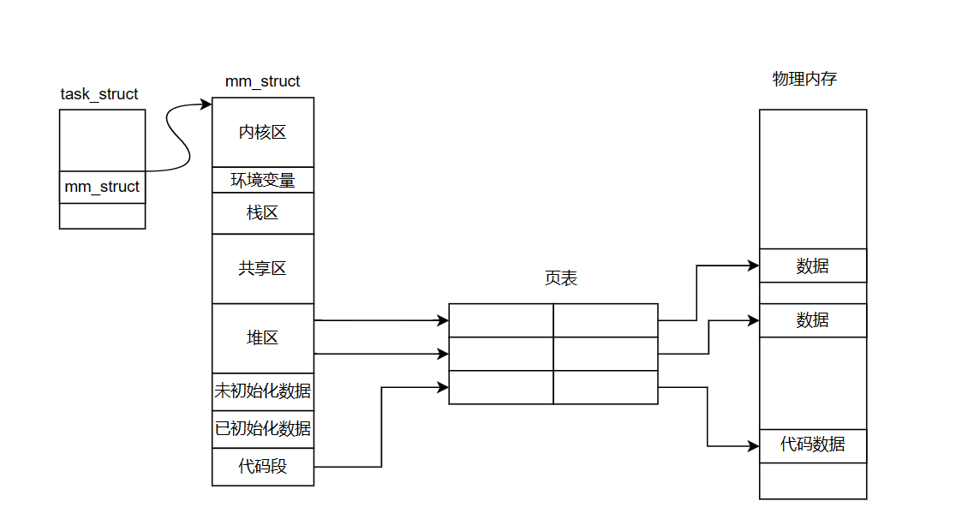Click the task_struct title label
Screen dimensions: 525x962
pos(99,94)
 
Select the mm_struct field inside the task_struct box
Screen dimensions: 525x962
pos(102,187)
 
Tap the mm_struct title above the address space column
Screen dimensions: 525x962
pos(262,81)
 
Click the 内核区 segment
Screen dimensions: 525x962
pos(262,132)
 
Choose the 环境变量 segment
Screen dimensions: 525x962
pos(262,180)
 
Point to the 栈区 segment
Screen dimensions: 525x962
pos(262,212)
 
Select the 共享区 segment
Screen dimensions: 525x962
pos(262,268)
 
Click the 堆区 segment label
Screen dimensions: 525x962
pos(262,337)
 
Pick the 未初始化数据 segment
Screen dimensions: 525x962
pos(262,392)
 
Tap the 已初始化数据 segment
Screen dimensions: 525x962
pos(262,428)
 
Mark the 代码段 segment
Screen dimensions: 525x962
pos(262,467)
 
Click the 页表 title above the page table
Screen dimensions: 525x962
pos(561,278)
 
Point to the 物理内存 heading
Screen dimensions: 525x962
pos(804,80)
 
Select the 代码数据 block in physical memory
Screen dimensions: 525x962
pos(812,445)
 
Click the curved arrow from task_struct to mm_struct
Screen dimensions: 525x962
pos(176,137)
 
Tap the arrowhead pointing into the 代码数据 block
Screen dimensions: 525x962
pos(753,446)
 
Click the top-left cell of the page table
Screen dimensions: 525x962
pos(500,320)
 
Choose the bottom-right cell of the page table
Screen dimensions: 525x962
pos(605,387)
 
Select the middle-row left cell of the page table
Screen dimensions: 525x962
pos(500,354)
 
